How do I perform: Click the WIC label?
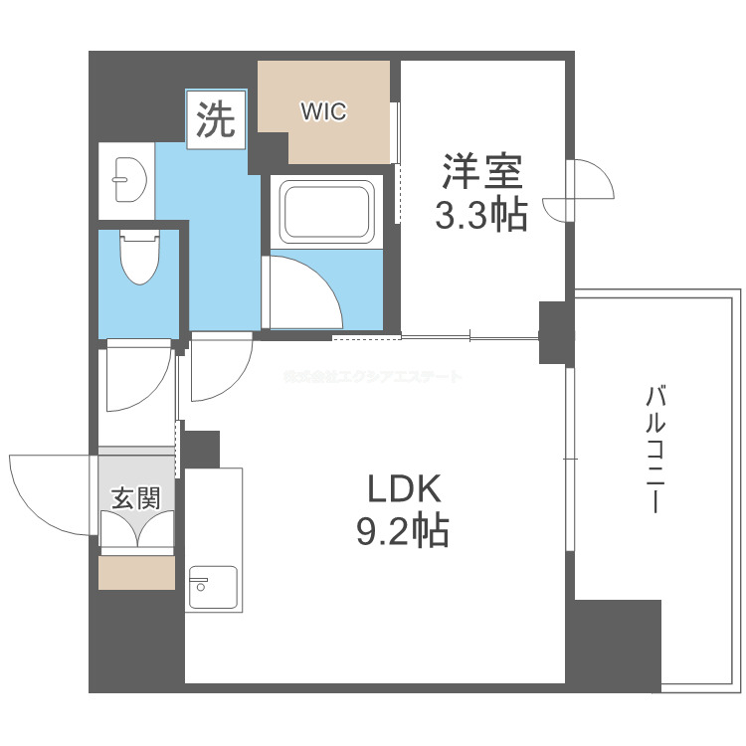[324, 112]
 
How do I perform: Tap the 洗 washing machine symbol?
[216, 120]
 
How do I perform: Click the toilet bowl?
[138, 260]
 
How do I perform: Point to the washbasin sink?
[126, 179]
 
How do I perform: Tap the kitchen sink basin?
[212, 587]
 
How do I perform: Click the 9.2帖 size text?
[403, 532]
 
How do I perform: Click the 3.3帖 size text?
[482, 215]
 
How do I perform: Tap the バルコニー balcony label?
[653, 449]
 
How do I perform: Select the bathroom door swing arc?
[303, 288]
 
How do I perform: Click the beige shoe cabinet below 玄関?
[136, 573]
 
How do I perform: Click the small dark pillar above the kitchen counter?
[201, 449]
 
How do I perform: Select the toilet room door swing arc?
[137, 378]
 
